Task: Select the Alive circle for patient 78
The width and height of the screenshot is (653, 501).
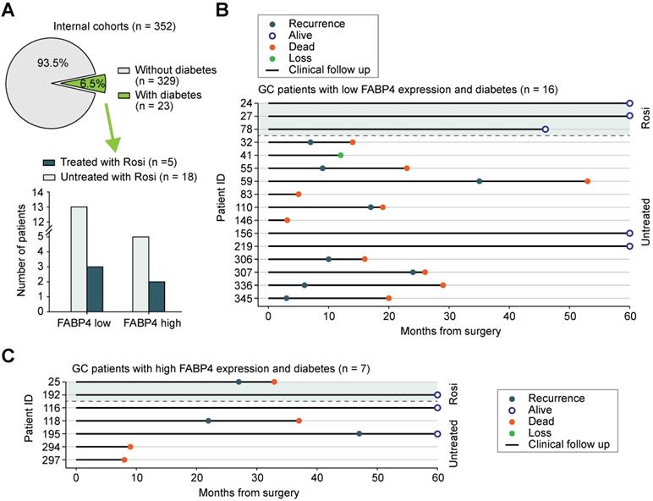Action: [546, 129]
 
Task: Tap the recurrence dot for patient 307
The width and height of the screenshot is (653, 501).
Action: [413, 272]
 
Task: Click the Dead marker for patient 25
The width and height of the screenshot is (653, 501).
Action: [273, 382]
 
